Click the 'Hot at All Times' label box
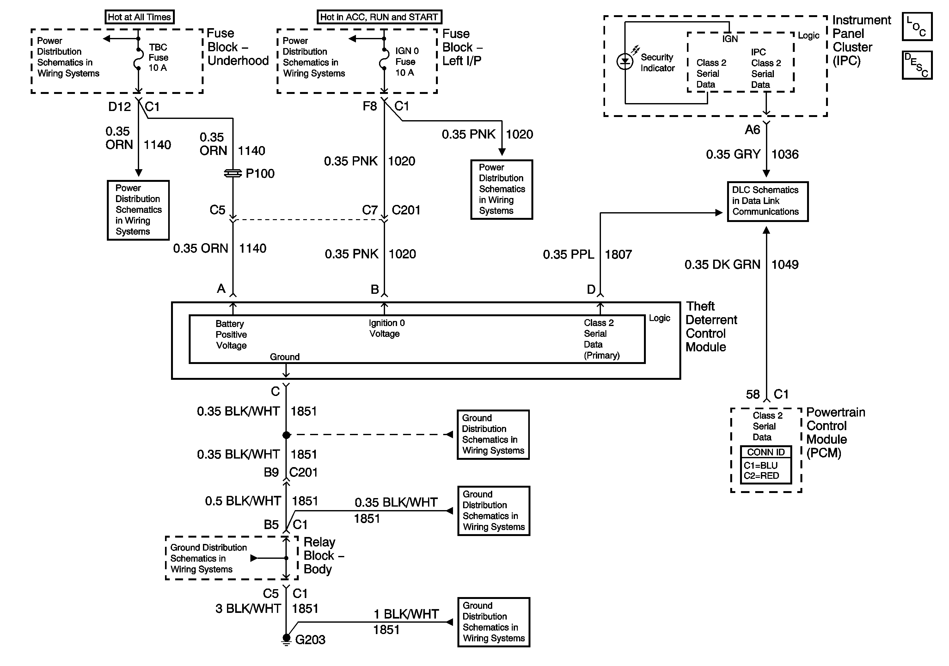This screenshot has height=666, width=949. pyautogui.click(x=139, y=17)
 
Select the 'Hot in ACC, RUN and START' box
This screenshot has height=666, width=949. pyautogui.click(x=379, y=17)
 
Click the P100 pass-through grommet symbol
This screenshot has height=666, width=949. pyautogui.click(x=233, y=174)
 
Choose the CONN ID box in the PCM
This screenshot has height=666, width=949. pyautogui.click(x=766, y=465)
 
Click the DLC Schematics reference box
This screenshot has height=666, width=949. pyautogui.click(x=768, y=201)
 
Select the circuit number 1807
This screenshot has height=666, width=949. pyautogui.click(x=618, y=254)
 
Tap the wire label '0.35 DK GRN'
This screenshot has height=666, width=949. pyautogui.click(x=722, y=265)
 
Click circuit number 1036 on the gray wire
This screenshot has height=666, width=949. pyautogui.click(x=785, y=154)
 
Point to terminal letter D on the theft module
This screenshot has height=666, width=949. pyautogui.click(x=591, y=289)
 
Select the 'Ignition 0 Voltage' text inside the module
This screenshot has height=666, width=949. pyautogui.click(x=387, y=328)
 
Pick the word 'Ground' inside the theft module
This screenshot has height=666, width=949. pyautogui.click(x=285, y=357)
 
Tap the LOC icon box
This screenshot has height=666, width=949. pyautogui.click(x=917, y=27)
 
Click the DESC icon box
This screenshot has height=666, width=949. pyautogui.click(x=917, y=65)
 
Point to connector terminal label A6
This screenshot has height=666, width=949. pyautogui.click(x=752, y=130)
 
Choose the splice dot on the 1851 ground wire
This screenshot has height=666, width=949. pyautogui.click(x=286, y=435)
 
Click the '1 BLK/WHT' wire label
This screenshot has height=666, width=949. pyautogui.click(x=406, y=614)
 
